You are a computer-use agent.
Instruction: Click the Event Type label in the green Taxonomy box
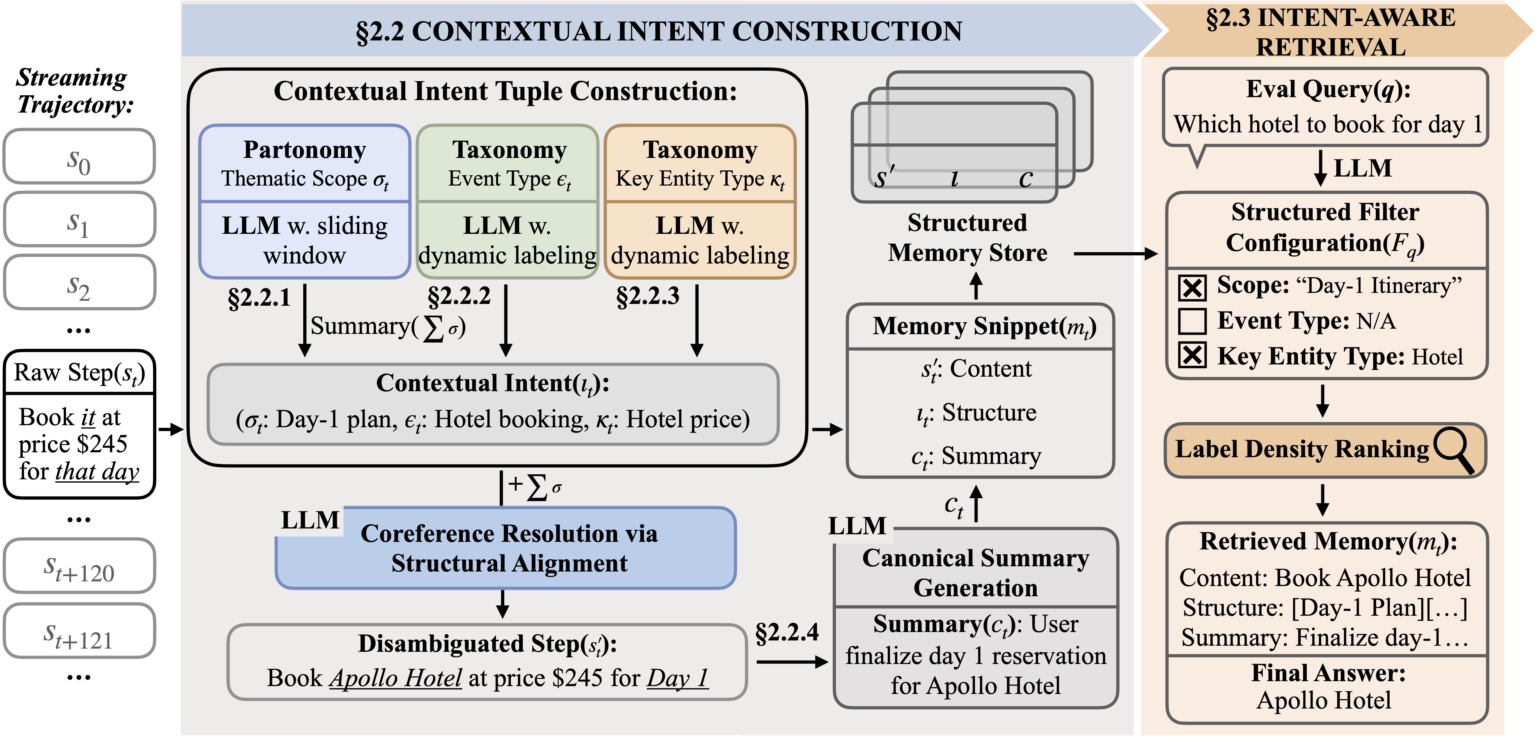pos(509,179)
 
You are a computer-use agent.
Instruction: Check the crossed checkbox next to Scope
pos(1192,287)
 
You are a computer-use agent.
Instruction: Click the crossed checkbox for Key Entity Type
pos(1192,356)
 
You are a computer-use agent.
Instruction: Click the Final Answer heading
pos(1328,673)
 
